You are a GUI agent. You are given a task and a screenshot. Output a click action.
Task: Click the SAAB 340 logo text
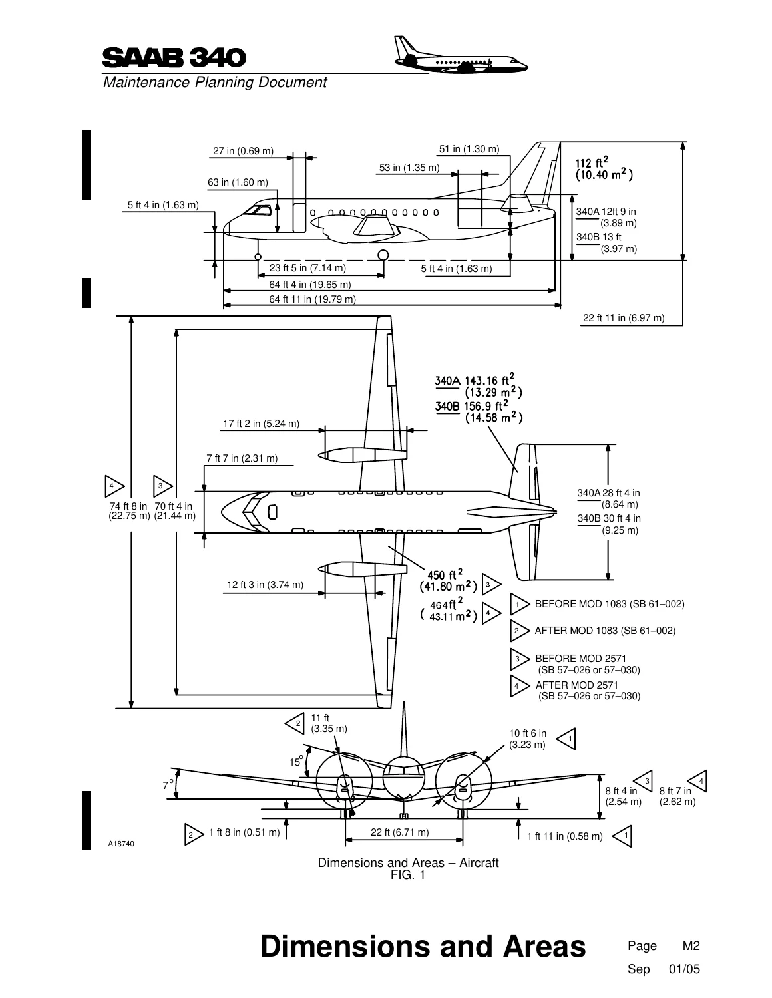pyautogui.click(x=174, y=58)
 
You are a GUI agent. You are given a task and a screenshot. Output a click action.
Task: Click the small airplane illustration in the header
pyautogui.click(x=461, y=55)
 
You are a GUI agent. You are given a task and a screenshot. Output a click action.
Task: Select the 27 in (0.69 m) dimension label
pyautogui.click(x=243, y=150)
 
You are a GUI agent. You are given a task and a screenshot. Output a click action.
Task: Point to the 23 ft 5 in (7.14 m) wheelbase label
pyautogui.click(x=307, y=267)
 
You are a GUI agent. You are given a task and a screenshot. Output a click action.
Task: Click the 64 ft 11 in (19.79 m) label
pyautogui.click(x=312, y=299)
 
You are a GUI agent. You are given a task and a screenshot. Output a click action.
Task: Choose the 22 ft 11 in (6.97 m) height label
pyautogui.click(x=623, y=318)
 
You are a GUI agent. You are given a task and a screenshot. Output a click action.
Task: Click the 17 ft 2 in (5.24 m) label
pyautogui.click(x=261, y=423)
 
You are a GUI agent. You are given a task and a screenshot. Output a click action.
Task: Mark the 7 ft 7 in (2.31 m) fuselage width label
pyautogui.click(x=242, y=458)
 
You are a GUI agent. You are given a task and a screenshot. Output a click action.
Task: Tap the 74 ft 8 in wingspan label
pyautogui.click(x=129, y=510)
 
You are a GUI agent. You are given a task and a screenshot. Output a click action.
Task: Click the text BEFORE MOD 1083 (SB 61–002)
pyautogui.click(x=610, y=604)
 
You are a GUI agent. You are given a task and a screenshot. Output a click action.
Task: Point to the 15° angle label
pyautogui.click(x=296, y=762)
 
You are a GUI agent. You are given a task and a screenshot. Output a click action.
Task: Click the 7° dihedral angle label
pyautogui.click(x=168, y=784)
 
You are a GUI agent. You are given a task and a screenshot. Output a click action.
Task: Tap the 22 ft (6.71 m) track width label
pyautogui.click(x=399, y=832)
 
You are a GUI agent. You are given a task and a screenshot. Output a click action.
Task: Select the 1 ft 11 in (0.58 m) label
pyautogui.click(x=564, y=836)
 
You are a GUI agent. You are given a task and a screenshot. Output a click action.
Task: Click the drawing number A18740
pyautogui.click(x=121, y=844)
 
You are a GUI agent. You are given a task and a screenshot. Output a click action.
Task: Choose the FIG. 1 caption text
pyautogui.click(x=408, y=874)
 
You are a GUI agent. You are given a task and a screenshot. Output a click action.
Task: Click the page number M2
pyautogui.click(x=691, y=945)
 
